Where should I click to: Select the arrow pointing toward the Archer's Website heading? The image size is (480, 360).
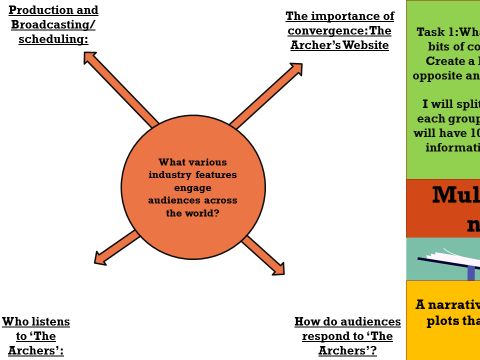267,96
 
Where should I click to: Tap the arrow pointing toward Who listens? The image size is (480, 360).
117,247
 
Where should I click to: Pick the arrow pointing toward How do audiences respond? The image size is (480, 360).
263,255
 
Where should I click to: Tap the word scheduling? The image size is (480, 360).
57,39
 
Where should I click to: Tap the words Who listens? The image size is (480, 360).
36,321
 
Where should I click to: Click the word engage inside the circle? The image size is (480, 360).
193,187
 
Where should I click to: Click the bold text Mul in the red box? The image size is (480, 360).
455,195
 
